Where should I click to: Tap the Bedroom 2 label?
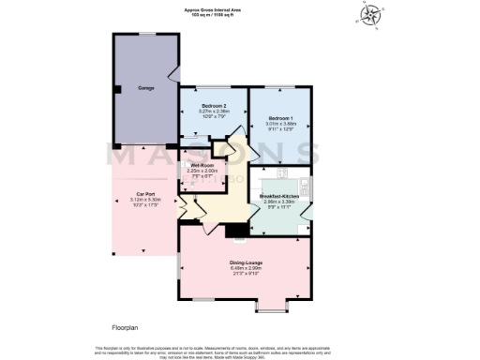tap(215, 105)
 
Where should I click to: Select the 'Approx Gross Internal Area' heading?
tap(217, 9)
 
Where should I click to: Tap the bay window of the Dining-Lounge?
tap(273, 305)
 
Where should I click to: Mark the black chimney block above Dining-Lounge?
tap(239, 229)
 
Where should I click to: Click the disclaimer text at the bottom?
tap(240, 351)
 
